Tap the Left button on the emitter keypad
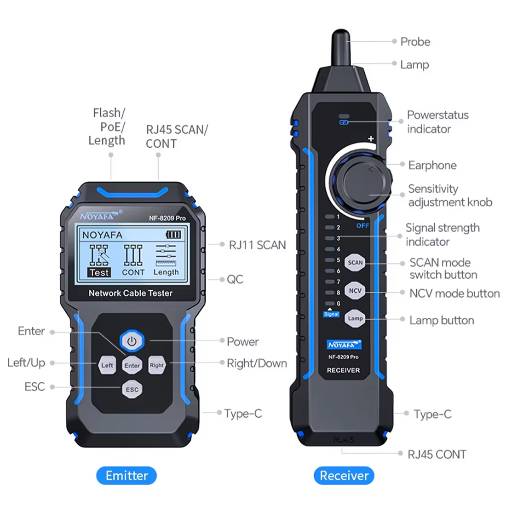pos(107,365)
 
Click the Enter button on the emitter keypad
pos(132,365)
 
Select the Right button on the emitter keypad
pos(156,365)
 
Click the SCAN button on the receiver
pos(355,263)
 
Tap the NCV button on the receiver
pos(355,291)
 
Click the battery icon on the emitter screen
pos(173,235)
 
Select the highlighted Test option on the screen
pos(99,272)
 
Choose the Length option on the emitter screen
pos(166,272)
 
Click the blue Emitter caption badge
pos(126,476)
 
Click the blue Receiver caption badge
pos(344,476)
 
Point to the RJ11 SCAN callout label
pos(257,245)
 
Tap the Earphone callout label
pos(432,165)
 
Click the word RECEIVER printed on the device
pos(343,370)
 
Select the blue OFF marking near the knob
pos(362,226)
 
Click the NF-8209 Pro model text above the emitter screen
pos(167,218)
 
